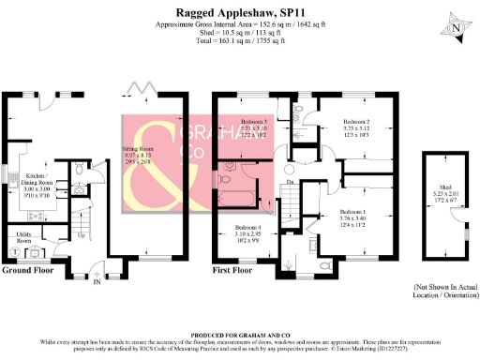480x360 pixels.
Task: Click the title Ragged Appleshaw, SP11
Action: tap(240, 10)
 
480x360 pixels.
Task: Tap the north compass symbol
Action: tap(455, 28)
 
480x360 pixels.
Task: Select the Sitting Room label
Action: tap(138, 148)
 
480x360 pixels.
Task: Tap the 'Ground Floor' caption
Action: tap(27, 270)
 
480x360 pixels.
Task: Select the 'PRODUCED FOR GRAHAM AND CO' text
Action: tap(240, 333)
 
